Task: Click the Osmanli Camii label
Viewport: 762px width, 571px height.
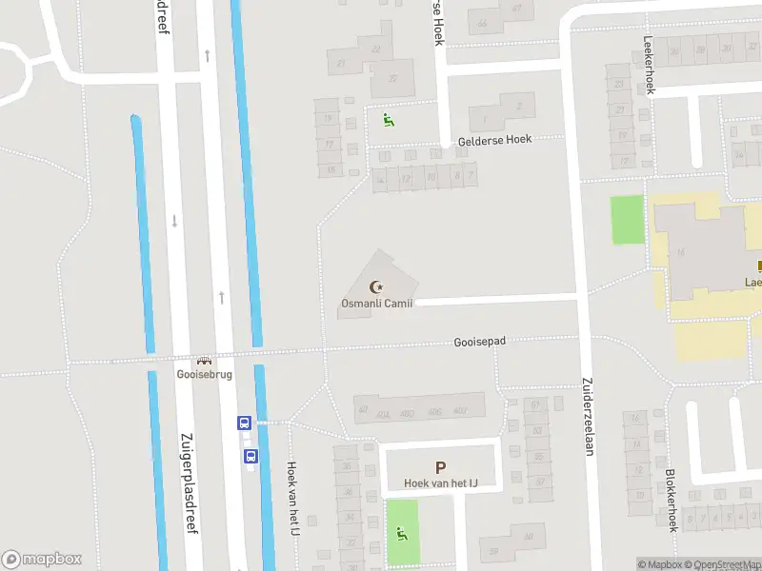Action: point(377,304)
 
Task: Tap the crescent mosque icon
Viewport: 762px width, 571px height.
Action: point(377,285)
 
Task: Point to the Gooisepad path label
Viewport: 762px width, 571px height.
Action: point(479,341)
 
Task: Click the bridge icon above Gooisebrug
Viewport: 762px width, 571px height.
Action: point(202,361)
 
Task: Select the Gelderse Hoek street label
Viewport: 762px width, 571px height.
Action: point(494,139)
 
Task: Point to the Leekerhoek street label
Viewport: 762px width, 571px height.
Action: point(651,65)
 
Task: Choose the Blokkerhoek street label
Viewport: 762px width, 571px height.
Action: point(672,499)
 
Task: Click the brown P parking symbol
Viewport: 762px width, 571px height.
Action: point(440,467)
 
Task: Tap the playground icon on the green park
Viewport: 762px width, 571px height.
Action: point(402,534)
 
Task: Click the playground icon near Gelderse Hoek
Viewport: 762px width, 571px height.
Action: point(388,120)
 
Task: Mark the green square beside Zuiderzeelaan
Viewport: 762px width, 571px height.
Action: point(627,219)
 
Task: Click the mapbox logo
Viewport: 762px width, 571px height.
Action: point(42,560)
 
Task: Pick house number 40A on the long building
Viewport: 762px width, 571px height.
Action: point(384,414)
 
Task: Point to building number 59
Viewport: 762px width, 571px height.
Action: point(492,550)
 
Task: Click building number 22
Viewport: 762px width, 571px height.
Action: point(375,49)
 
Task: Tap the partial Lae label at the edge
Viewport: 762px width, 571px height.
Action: point(752,282)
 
